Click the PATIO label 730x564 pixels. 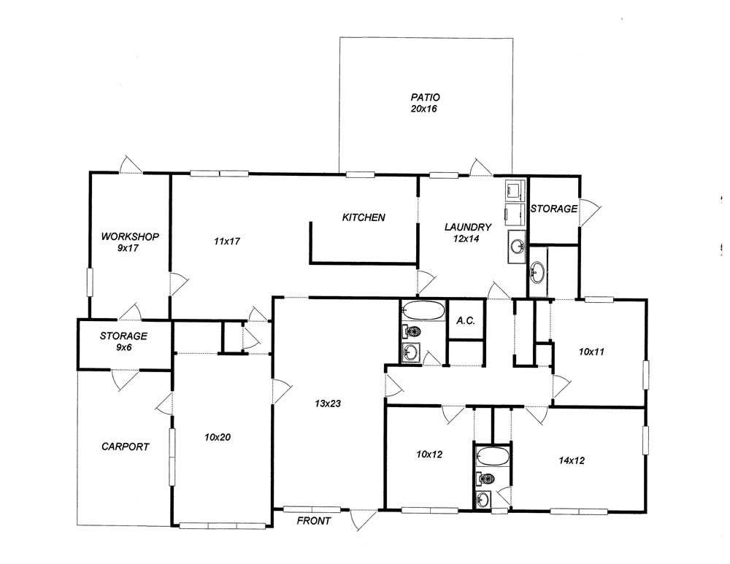pyautogui.click(x=425, y=97)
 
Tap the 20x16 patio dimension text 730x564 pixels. pyautogui.click(x=424, y=109)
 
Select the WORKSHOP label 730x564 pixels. pyautogui.click(x=130, y=236)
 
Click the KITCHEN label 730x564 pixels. pyautogui.click(x=364, y=217)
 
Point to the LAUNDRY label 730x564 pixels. pyautogui.click(x=468, y=227)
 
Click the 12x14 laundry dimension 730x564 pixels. pyautogui.click(x=466, y=239)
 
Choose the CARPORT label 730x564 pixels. pyautogui.click(x=126, y=447)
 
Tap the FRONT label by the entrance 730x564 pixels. pyautogui.click(x=314, y=521)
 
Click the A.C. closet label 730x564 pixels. pyautogui.click(x=466, y=320)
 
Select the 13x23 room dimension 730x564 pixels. pyautogui.click(x=328, y=403)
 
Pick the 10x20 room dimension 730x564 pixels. pyautogui.click(x=218, y=437)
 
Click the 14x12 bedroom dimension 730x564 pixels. pyautogui.click(x=572, y=460)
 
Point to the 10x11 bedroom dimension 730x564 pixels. pyautogui.click(x=591, y=352)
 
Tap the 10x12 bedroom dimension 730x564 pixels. pyautogui.click(x=429, y=454)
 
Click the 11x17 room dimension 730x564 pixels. pyautogui.click(x=227, y=241)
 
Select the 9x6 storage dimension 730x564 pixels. pyautogui.click(x=124, y=347)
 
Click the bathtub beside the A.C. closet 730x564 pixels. pyautogui.click(x=423, y=310)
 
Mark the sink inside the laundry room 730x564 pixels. pyautogui.click(x=516, y=246)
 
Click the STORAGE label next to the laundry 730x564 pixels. pyautogui.click(x=554, y=209)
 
